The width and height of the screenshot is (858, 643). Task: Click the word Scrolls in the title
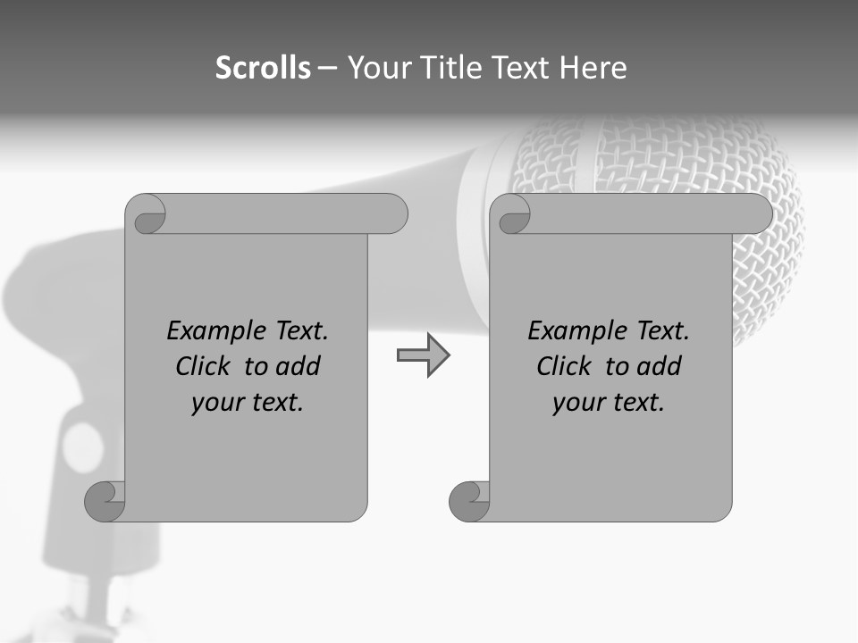pos(263,68)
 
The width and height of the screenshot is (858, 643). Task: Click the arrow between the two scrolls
pos(423,355)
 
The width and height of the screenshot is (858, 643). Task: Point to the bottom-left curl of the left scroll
pos(105,500)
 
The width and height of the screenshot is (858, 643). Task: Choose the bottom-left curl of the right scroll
pos(469,500)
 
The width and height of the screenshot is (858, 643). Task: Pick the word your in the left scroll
pos(214,404)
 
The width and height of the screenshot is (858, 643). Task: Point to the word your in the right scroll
pos(575,404)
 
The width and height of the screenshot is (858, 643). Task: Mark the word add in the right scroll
pos(660,367)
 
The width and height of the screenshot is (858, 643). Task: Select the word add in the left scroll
pos(299,367)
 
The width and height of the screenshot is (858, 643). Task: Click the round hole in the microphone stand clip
pos(83,447)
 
